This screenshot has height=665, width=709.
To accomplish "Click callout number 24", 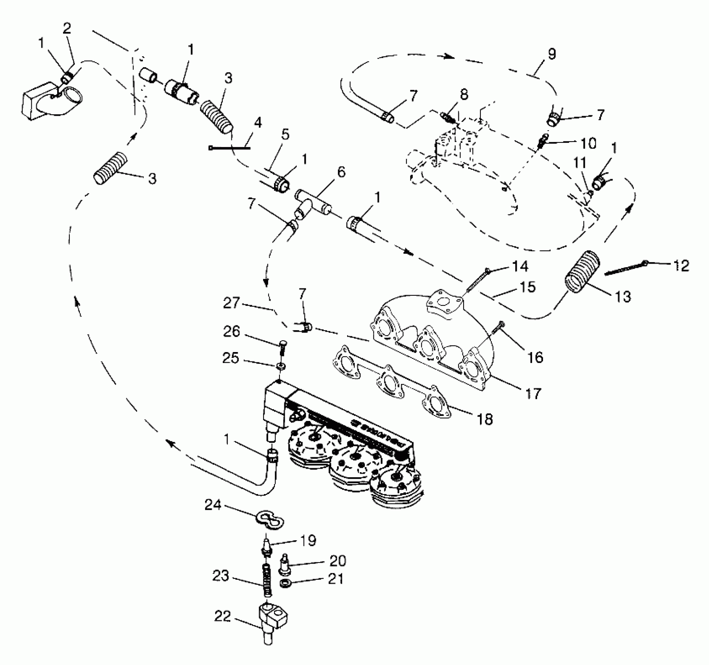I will coord(213,505).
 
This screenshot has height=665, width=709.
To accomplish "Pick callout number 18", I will coord(485,420).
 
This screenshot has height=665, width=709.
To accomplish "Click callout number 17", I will coord(533,393).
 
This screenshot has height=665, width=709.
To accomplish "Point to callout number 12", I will coord(681,266).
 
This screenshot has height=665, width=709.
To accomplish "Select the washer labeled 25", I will coord(280,366).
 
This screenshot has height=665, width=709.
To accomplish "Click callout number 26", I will coord(231,332).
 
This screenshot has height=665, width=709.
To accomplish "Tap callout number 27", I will coord(231,303).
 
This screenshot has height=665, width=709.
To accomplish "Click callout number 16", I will coord(535,357).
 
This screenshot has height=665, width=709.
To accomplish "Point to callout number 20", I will coord(337,561).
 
